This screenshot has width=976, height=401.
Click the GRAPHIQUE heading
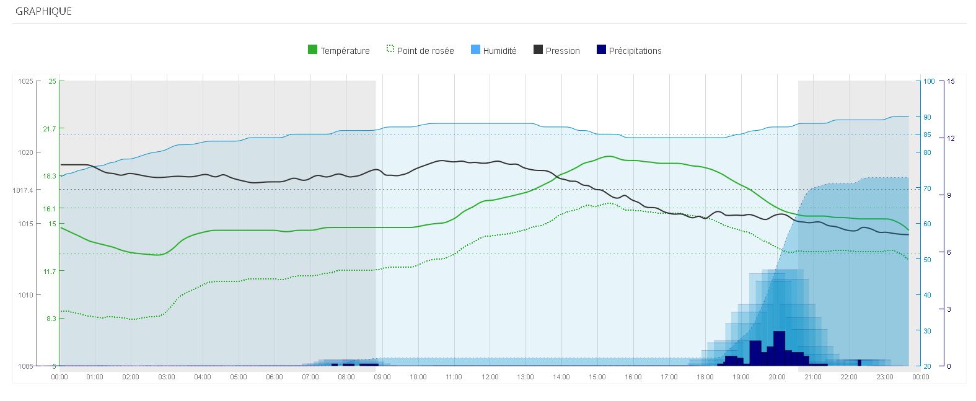pyautogui.click(x=43, y=11)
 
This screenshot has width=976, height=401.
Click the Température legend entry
pyautogui.click(x=345, y=51)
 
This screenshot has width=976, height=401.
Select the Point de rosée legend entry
pyautogui.click(x=425, y=51)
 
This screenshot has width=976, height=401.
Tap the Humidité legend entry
pyautogui.click(x=499, y=51)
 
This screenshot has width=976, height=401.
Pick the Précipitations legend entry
pyautogui.click(x=635, y=51)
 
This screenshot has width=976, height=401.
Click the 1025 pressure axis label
pyautogui.click(x=25, y=81)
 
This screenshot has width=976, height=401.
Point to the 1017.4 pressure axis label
pyautogui.click(x=22, y=190)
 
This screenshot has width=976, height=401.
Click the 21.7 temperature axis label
pyautogui.click(x=49, y=129)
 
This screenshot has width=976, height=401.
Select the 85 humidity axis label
pyautogui.click(x=927, y=134)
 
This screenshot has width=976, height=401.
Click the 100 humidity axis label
pyautogui.click(x=928, y=81)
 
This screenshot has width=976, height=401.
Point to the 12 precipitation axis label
pyautogui.click(x=951, y=138)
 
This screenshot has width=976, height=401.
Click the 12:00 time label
pyautogui.click(x=490, y=377)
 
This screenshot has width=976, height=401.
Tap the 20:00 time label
pyautogui.click(x=776, y=377)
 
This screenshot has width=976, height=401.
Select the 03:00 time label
pyautogui.click(x=167, y=377)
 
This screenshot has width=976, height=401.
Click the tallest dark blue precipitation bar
pyautogui.click(x=779, y=348)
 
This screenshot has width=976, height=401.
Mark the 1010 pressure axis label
pyautogui.click(x=25, y=295)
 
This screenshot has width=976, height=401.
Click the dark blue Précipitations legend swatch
pyautogui.click(x=600, y=50)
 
